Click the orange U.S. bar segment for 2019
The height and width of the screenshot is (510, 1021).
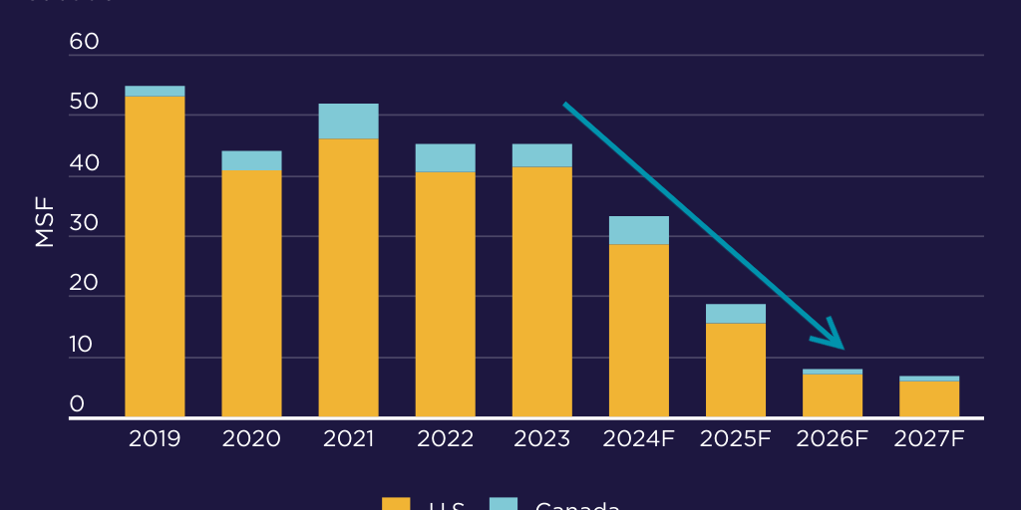[155, 256]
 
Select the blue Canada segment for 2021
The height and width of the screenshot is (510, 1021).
[348, 121]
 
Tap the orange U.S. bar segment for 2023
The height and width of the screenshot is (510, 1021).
[541, 291]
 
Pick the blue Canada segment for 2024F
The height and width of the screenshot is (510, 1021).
[638, 230]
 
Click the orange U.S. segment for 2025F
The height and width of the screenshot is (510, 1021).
[735, 370]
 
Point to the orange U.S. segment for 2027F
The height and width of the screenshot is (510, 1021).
[929, 398]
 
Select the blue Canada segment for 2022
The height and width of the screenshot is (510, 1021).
[445, 157]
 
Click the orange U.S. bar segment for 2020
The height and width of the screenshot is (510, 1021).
[251, 294]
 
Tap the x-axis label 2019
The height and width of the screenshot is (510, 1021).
[155, 439]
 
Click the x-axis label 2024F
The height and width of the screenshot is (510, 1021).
[638, 439]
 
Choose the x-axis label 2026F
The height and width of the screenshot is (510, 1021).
[833, 439]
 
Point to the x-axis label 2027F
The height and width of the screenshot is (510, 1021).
[929, 439]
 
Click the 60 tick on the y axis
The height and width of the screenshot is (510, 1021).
[85, 42]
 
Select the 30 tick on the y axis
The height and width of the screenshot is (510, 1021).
[85, 223]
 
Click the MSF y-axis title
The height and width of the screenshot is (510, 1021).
[45, 223]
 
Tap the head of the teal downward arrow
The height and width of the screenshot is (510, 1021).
[836, 340]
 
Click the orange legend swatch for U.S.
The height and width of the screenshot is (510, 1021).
[396, 504]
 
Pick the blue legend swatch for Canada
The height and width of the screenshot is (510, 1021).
[504, 504]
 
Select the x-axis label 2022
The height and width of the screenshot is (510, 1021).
[445, 439]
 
